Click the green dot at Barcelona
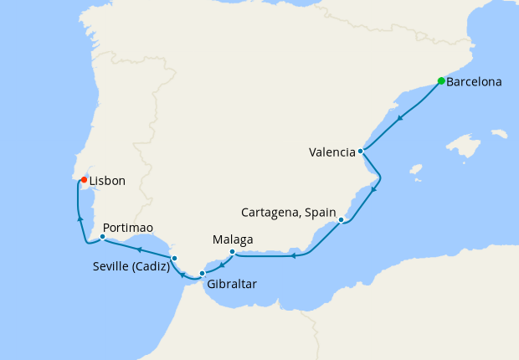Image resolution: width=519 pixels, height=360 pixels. (441, 81)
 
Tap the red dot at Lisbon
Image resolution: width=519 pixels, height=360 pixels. (84, 179)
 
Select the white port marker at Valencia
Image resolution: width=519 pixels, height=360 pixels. (360, 152)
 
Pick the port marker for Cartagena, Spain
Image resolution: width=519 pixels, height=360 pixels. (342, 219)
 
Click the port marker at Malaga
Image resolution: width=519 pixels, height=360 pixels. (232, 251)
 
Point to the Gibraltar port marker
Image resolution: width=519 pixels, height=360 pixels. (202, 273)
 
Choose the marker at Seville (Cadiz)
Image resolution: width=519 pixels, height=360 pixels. (174, 258)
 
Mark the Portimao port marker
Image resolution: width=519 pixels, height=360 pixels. (102, 237)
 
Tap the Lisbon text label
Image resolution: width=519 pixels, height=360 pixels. (107, 180)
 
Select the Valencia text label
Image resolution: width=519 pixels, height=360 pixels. (331, 152)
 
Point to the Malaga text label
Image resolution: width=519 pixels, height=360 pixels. (233, 239)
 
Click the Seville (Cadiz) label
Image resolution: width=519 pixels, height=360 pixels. (131, 268)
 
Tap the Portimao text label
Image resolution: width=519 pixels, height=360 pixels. (127, 226)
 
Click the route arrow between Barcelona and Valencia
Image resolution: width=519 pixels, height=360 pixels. (401, 117)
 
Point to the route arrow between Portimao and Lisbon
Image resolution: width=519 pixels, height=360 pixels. (80, 218)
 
